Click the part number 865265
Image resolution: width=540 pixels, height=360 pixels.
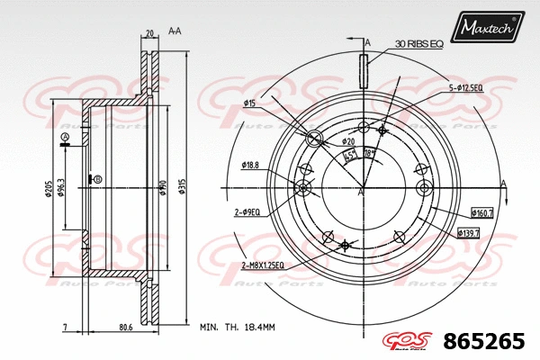487,341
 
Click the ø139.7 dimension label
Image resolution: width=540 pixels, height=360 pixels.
469,234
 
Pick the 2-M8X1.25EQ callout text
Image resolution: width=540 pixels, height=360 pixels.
262,265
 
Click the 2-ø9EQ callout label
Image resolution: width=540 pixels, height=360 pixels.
247,212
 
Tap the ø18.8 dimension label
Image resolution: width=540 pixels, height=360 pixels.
250,165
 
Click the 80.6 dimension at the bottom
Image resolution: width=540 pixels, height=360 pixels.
125,327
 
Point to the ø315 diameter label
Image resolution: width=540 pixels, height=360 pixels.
182,186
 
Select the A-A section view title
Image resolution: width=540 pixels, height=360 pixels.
175,31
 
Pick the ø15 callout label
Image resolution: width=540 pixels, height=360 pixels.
251,104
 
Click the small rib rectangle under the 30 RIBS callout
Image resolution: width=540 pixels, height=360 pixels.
364,70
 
